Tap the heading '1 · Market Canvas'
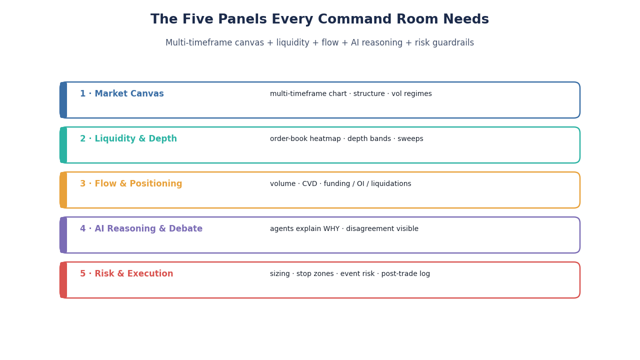(x=121, y=93)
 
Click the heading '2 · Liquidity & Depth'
(x=128, y=139)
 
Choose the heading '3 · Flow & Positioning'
(x=131, y=183)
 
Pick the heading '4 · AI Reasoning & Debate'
(x=141, y=229)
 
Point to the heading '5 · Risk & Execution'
(x=126, y=273)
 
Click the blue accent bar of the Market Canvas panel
(x=63, y=100)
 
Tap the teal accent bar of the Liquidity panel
(x=63, y=145)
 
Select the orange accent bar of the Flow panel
(x=63, y=190)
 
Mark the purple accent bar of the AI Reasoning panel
(x=63, y=235)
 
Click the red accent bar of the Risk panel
(x=63, y=280)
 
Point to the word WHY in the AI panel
(x=331, y=229)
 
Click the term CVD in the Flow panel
(x=309, y=183)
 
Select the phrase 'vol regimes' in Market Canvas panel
(x=411, y=94)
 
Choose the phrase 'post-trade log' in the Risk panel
(x=405, y=274)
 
